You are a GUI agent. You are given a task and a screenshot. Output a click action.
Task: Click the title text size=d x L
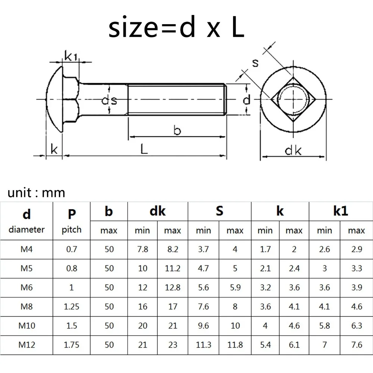176,28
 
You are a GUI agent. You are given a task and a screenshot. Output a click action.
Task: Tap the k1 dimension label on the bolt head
70,56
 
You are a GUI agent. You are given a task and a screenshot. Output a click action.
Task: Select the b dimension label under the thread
177,131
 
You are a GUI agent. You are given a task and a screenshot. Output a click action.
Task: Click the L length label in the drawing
144,149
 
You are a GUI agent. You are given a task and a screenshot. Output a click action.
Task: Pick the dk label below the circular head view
293,150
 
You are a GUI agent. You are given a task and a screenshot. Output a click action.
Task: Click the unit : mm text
36,192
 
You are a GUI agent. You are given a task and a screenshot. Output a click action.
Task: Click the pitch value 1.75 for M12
72,345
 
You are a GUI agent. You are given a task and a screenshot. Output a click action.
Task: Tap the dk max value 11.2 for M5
173,268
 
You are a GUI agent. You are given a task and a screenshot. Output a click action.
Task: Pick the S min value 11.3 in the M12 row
204,345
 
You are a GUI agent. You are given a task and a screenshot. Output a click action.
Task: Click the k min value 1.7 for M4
265,249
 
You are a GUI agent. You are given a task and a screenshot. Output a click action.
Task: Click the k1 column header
340,211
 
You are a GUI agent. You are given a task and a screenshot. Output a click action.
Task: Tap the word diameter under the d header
26,229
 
